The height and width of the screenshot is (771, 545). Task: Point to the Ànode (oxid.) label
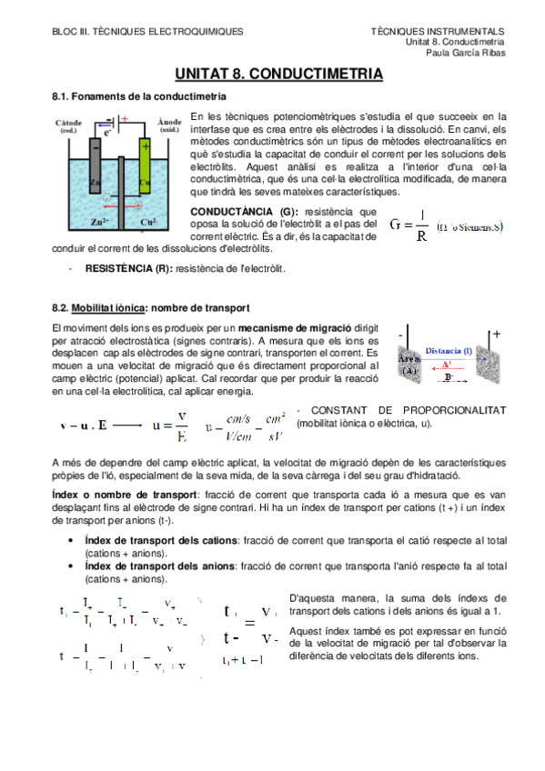pos(169,125)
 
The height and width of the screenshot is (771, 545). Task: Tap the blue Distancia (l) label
pos(448,350)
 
